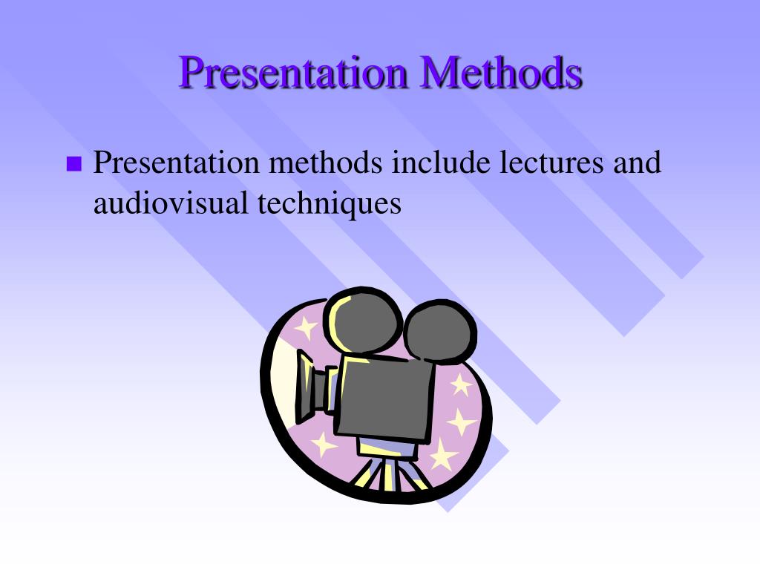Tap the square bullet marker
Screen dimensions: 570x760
point(73,164)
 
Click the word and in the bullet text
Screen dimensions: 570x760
point(636,163)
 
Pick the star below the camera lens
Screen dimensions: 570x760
point(324,444)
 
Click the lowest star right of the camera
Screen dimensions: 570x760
point(444,454)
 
